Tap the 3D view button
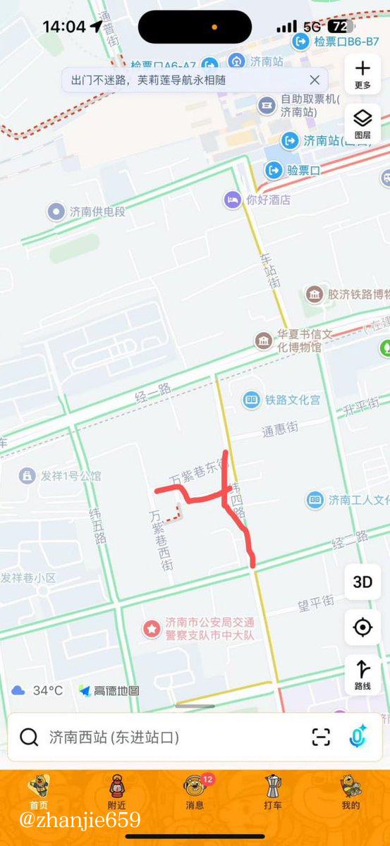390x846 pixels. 362,582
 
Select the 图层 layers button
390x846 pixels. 362,124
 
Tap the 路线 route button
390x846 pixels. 362,674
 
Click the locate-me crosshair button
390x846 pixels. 362,627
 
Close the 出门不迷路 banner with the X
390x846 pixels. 315,80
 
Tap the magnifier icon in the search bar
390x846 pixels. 29,737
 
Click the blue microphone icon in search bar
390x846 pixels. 358,737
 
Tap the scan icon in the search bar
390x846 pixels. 321,737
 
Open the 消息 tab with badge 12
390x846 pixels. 195,791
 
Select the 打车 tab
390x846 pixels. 273,791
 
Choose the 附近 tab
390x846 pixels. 117,791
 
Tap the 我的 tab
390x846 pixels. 351,791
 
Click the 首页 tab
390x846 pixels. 39,791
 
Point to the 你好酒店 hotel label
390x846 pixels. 267,200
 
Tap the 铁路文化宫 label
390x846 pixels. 292,400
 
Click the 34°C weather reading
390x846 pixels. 47,690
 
